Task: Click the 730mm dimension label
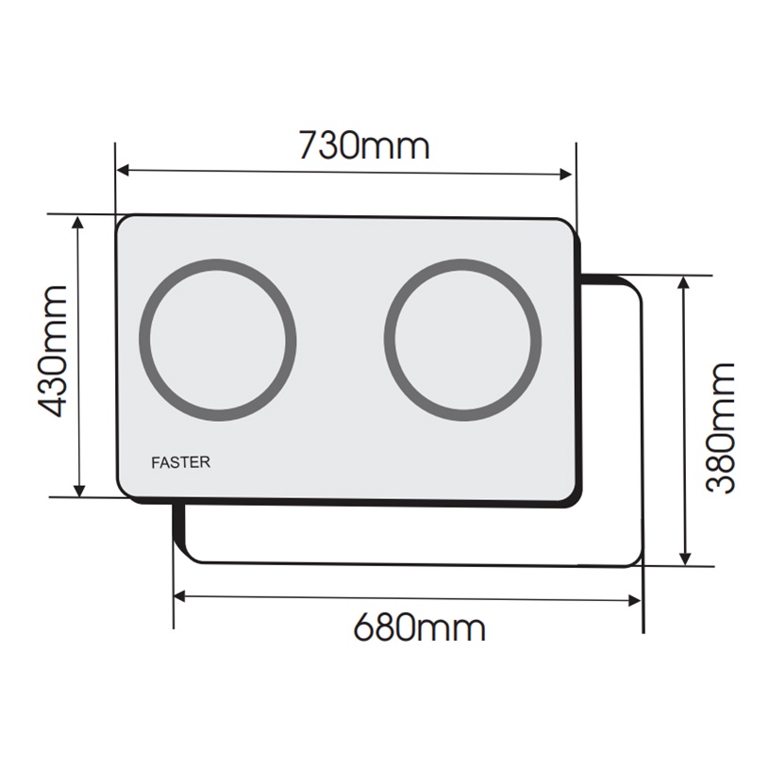coord(364,145)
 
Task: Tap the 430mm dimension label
coord(52,351)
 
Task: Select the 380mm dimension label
coord(720,428)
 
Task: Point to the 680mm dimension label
coord(419,627)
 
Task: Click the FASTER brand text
coord(180,462)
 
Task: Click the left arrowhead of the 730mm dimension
coord(123,170)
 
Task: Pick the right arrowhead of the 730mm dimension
coord(565,175)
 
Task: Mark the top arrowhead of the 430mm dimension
coord(78,222)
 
